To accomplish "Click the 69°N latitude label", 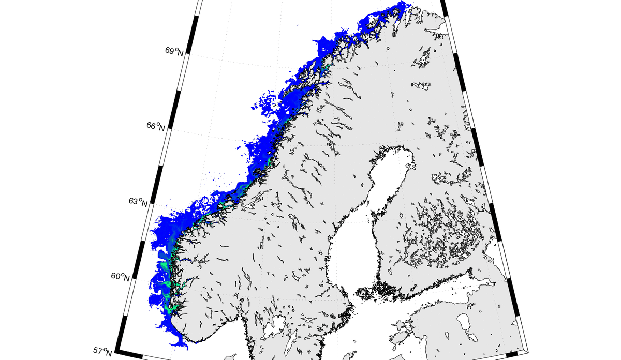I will tap(174, 51).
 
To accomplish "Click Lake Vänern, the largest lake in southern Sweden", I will tap(274, 324).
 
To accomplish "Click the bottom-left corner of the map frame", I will tap(115, 352).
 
